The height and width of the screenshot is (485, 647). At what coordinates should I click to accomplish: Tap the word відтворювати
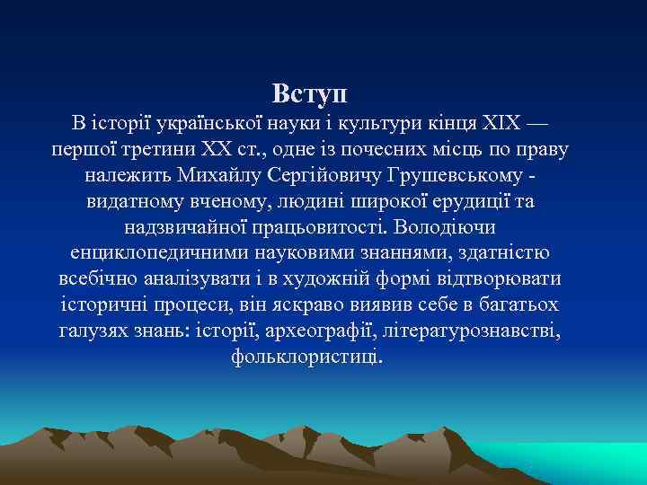pyautogui.click(x=485, y=279)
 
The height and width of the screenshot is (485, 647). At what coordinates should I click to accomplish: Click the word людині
pyautogui.click(x=326, y=201)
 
